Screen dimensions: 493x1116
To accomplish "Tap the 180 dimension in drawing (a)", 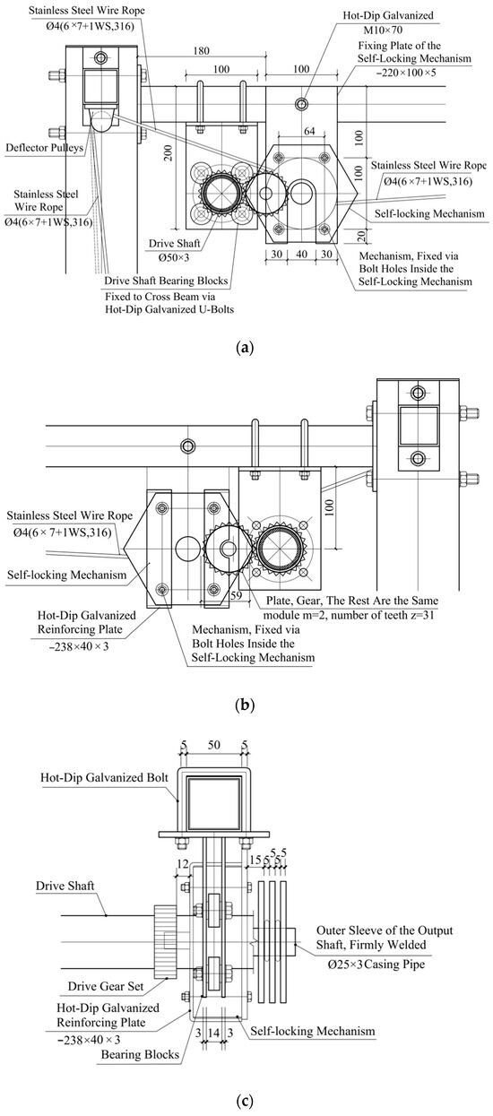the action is (201, 51).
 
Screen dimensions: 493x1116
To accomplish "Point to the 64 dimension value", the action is (309, 131).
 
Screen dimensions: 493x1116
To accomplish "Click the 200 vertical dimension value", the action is (168, 153).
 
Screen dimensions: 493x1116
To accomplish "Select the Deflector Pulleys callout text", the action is (44, 148).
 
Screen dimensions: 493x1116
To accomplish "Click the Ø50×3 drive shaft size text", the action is (173, 257).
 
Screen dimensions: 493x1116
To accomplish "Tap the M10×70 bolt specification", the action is (383, 30).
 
